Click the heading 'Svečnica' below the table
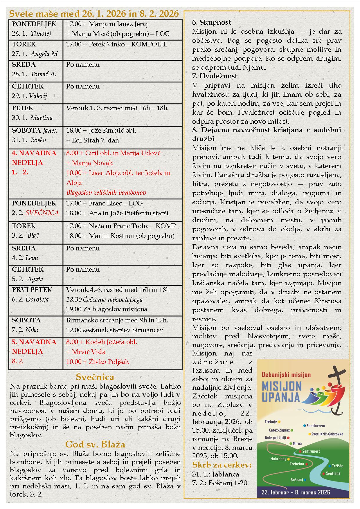pyautogui.click(x=95, y=377)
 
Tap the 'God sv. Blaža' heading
pyautogui.click(x=95, y=444)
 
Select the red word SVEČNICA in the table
pyautogui.click(x=42, y=213)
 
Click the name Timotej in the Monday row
pyautogui.click(x=41, y=34)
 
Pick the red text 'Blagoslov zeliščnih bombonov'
pyautogui.click(x=106, y=193)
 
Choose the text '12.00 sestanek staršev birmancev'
pyautogui.click(x=115, y=330)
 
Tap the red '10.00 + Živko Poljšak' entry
pyautogui.click(x=98, y=362)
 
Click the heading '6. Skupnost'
pyautogui.click(x=212, y=22)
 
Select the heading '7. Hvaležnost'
pyautogui.click(x=215, y=76)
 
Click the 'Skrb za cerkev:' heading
pyautogui.click(x=222, y=465)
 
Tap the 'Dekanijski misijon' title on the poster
pyautogui.click(x=286, y=375)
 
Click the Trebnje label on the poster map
pyautogui.click(x=271, y=422)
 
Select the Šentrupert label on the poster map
pyautogui.click(x=311, y=451)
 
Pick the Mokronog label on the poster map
pyautogui.click(x=278, y=459)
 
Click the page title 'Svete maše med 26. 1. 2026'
pyautogui.click(x=94, y=14)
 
